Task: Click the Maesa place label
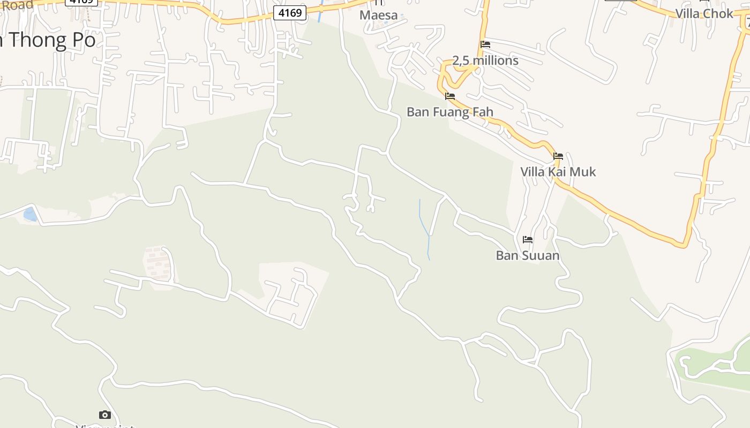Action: point(378,15)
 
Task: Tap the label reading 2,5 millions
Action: point(485,60)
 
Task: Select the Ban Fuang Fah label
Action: point(449,112)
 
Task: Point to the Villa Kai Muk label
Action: point(558,172)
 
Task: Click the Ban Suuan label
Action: point(528,255)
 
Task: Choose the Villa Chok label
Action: point(704,13)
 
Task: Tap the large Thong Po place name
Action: point(51,40)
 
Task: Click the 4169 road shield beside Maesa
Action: point(290,12)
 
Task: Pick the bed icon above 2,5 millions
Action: point(485,44)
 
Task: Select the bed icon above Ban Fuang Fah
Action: point(450,96)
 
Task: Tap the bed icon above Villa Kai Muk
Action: point(558,156)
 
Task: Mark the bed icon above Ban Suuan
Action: point(528,239)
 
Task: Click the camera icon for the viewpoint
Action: point(105,415)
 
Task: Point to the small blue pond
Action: point(30,215)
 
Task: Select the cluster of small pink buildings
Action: point(158,264)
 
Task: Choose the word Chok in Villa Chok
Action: point(718,13)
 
